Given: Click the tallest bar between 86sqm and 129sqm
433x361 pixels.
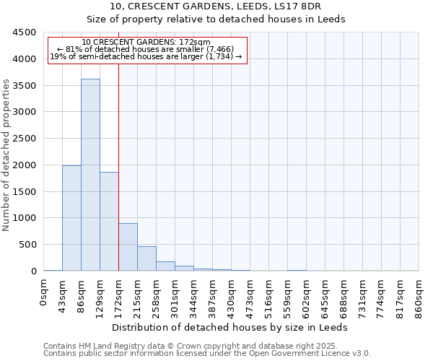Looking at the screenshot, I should [x=90, y=175].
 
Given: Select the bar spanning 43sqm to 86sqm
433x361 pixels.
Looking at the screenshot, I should [x=71, y=218].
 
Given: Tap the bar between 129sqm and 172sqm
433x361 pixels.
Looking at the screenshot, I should [x=109, y=222].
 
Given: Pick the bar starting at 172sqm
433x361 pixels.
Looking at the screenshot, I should [x=128, y=247].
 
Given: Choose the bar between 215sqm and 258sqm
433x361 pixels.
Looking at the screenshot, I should [x=146, y=258].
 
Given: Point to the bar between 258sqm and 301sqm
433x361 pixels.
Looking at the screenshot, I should [x=165, y=266].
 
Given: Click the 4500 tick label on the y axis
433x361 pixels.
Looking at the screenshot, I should [x=24, y=32].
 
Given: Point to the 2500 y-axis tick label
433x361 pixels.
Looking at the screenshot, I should [x=24, y=139].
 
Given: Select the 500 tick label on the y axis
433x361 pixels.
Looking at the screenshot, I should [x=27, y=245].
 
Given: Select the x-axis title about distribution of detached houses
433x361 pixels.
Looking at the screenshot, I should [x=230, y=327].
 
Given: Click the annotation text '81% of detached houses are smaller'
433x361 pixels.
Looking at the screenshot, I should [x=147, y=49].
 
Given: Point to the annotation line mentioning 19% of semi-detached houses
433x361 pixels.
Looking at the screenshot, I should [x=147, y=56].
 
